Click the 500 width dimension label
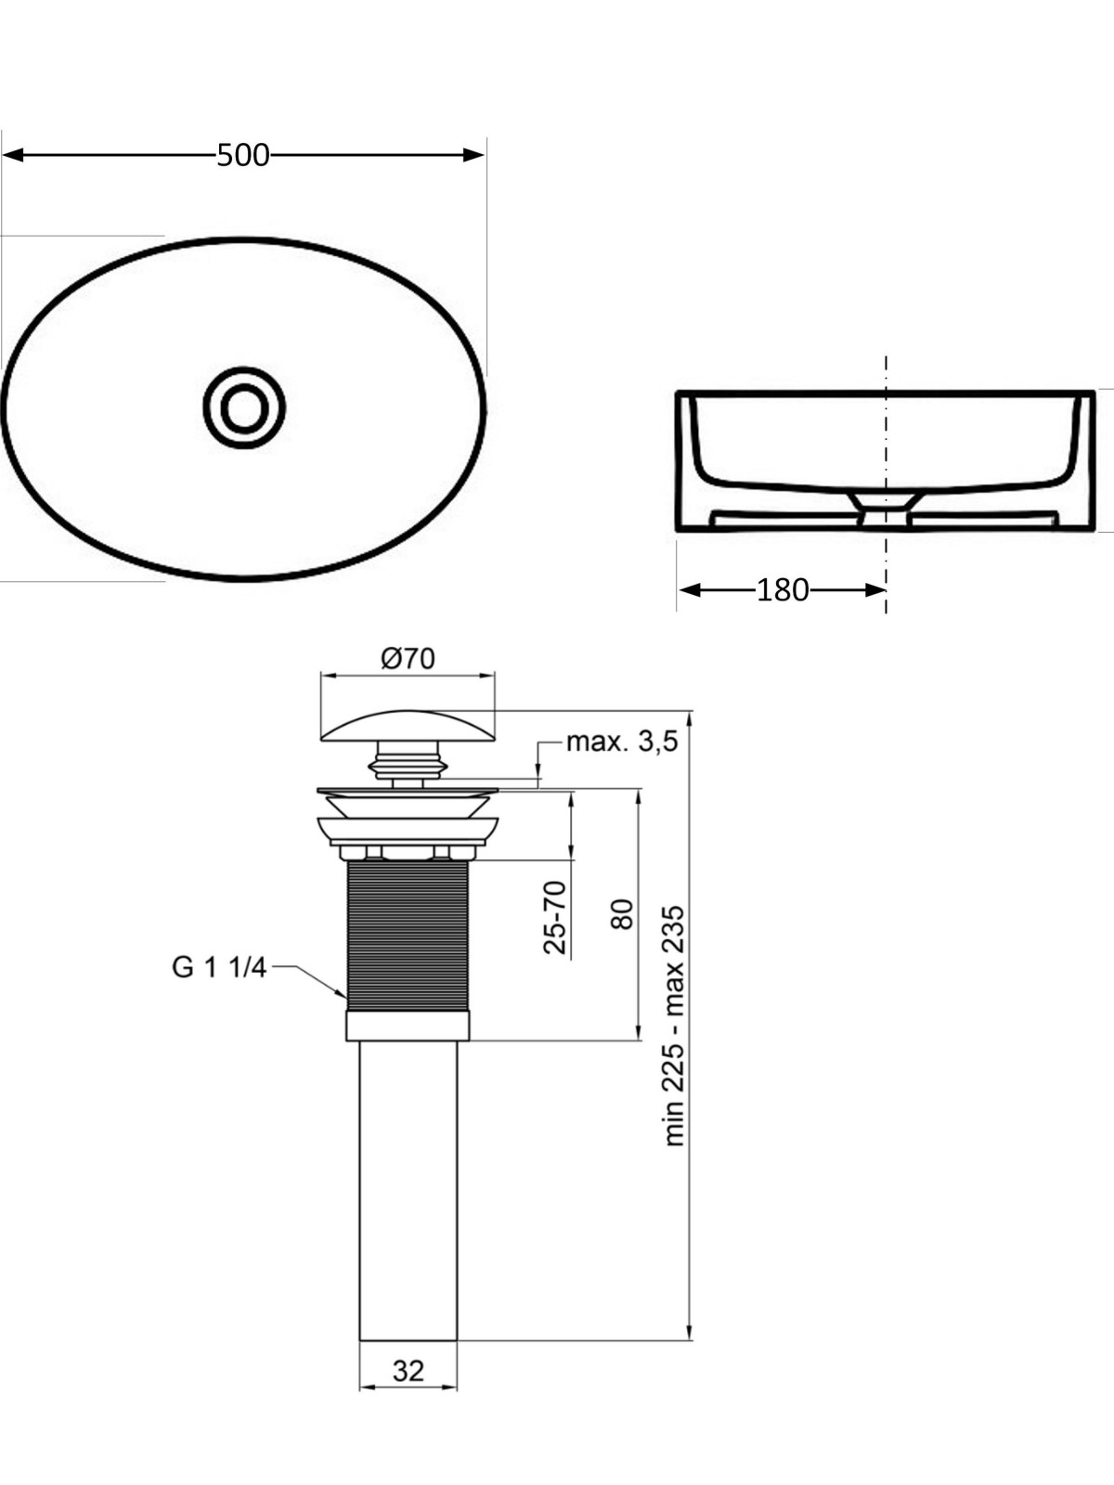[x=243, y=156]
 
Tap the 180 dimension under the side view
[x=782, y=590]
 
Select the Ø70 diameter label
[x=408, y=658]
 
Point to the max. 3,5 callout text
[x=622, y=742]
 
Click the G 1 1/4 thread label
[x=220, y=968]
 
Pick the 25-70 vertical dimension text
[x=554, y=917]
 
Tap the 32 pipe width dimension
[x=408, y=1371]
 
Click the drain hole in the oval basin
[x=244, y=407]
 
